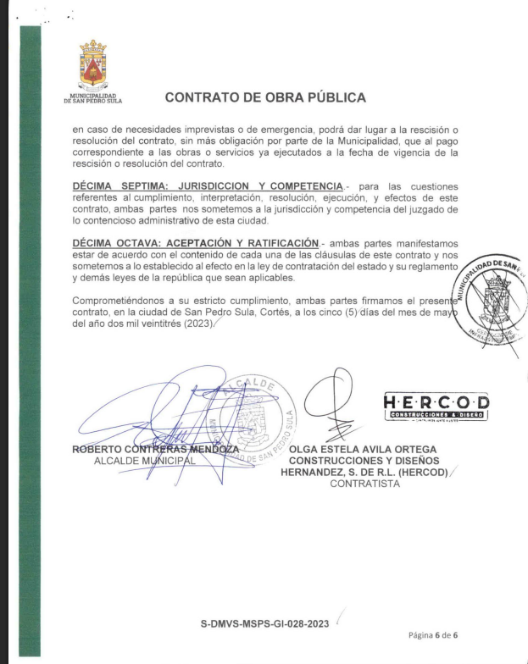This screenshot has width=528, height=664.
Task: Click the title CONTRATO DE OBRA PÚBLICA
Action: (x=265, y=97)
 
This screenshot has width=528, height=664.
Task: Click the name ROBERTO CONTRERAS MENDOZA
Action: (x=155, y=449)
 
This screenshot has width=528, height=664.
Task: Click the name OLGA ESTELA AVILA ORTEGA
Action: (x=364, y=449)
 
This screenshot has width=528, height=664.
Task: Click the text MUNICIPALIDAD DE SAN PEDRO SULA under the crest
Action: (x=92, y=97)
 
